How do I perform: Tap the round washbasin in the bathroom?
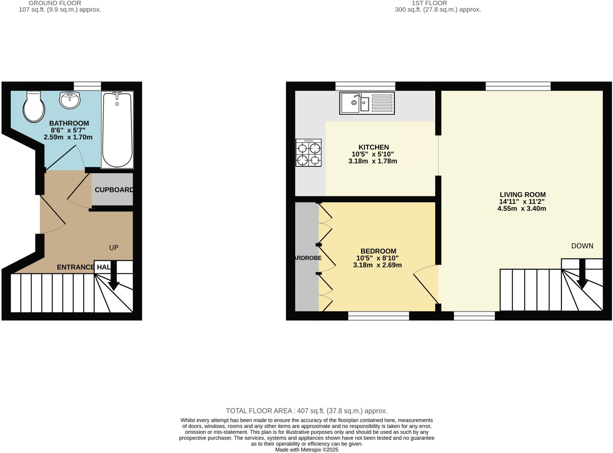(x=70, y=100)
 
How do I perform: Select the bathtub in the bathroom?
(x=117, y=130)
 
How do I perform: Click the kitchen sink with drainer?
(x=367, y=103)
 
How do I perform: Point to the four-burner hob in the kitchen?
(x=308, y=152)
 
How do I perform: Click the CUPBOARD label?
(x=114, y=190)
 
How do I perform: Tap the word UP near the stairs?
(x=113, y=247)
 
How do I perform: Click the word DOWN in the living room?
(x=582, y=246)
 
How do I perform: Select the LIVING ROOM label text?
(x=522, y=194)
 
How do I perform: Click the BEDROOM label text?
(x=378, y=251)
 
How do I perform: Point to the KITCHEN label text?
(x=374, y=147)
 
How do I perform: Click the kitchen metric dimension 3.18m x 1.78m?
(x=372, y=161)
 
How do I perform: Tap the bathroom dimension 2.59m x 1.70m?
(x=68, y=137)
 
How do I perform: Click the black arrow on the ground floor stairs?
(x=113, y=280)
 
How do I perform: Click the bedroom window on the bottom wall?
(x=378, y=316)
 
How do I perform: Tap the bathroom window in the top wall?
(x=87, y=86)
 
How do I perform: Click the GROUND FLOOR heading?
(x=55, y=3)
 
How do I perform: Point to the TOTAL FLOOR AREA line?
(x=306, y=411)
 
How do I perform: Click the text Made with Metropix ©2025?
(x=306, y=450)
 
